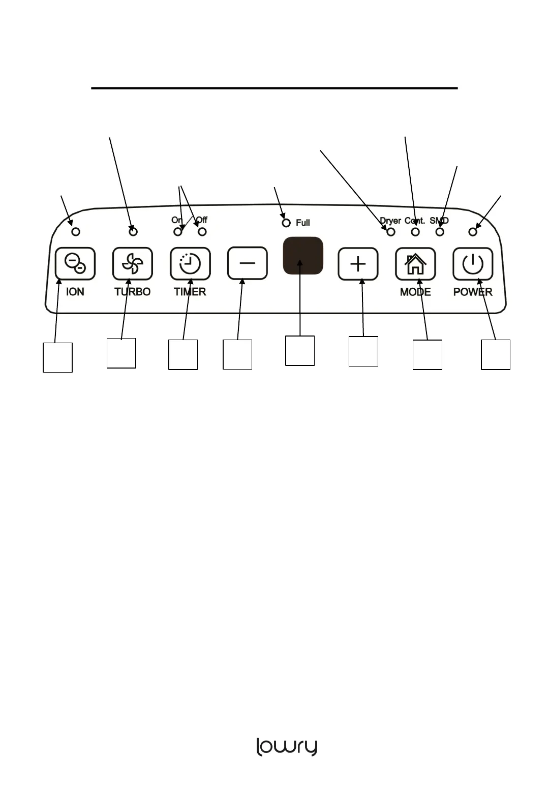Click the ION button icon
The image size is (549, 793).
point(75,263)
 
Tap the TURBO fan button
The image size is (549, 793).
point(133,263)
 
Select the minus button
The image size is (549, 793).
point(248,263)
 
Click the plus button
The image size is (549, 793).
point(358,264)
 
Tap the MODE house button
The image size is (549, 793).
point(415,264)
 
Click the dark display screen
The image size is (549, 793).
point(303,256)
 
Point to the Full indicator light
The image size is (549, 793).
point(286,223)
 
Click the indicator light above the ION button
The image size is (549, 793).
point(76,232)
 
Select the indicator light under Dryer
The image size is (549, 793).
point(391,232)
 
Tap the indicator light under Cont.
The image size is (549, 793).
point(415,232)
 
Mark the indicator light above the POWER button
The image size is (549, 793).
point(473,232)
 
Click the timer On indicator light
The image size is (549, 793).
point(178,232)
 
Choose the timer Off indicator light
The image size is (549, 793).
point(202,232)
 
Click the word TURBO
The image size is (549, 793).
point(132,292)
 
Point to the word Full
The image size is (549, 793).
point(303,223)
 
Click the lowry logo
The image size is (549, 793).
point(287,747)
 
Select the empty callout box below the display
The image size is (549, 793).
point(300,350)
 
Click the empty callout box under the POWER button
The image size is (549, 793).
point(496,354)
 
